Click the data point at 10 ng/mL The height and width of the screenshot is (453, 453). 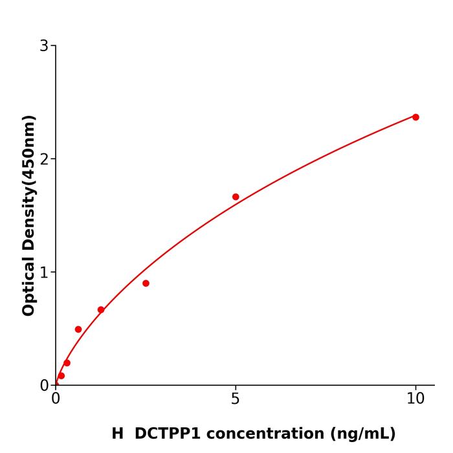tap(415, 117)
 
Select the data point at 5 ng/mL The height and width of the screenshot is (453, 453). tap(236, 197)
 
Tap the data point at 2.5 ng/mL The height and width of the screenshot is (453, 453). tap(146, 283)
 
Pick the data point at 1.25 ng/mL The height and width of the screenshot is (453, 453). tap(101, 310)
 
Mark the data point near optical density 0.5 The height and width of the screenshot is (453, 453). tap(78, 329)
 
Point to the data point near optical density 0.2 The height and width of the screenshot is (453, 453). tap(67, 363)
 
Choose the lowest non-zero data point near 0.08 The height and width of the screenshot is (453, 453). tap(61, 376)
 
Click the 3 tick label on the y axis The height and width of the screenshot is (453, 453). tap(44, 46)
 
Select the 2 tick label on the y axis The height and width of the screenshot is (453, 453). tap(44, 159)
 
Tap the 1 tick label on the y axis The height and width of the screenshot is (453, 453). tap(44, 272)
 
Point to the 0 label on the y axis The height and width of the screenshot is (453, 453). tap(44, 386)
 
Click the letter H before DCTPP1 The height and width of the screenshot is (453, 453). tap(117, 434)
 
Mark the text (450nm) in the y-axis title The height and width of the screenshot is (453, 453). tap(28, 151)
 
